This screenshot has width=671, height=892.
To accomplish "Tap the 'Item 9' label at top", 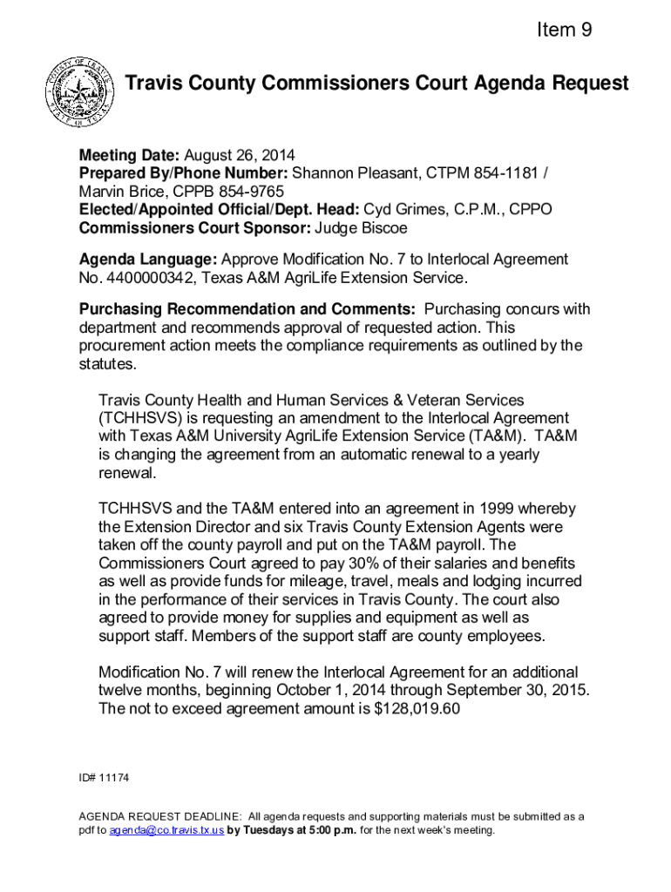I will point(565,30).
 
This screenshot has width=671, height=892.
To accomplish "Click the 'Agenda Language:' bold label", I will point(148,260).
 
